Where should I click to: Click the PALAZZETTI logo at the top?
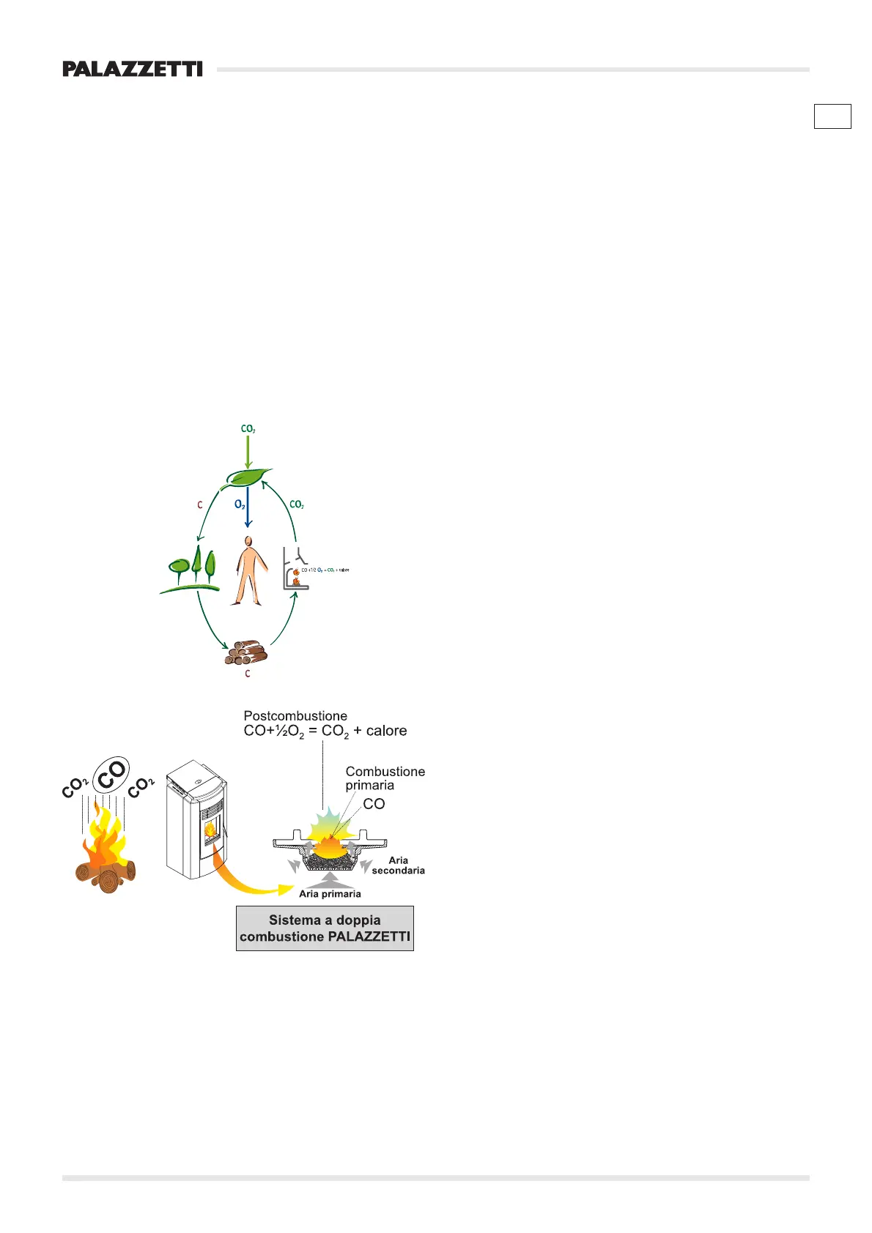(x=133, y=70)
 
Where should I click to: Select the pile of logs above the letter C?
(x=245, y=652)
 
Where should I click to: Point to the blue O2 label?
(x=240, y=504)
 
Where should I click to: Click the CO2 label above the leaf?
(x=248, y=428)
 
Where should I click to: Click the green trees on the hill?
(x=192, y=567)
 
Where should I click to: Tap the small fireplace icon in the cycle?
(x=295, y=570)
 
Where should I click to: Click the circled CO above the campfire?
(x=113, y=775)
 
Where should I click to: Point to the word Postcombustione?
(x=295, y=716)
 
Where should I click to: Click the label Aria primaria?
(x=330, y=894)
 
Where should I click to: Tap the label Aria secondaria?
(x=398, y=865)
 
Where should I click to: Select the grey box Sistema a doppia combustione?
(x=325, y=928)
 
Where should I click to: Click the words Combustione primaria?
(x=385, y=778)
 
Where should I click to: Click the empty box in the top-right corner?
(x=832, y=116)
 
